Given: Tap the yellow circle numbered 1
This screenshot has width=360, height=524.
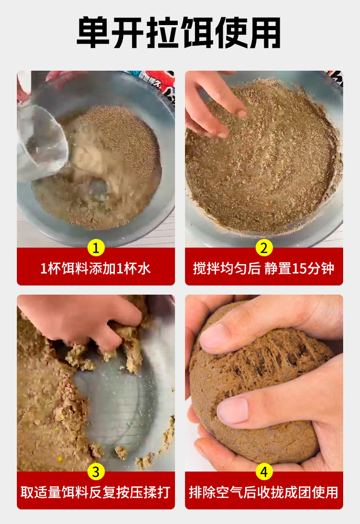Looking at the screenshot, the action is coord(96,248).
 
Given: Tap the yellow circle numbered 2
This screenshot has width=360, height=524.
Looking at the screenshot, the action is coord(264,248).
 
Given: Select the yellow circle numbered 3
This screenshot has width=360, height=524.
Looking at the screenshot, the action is coord(96,472).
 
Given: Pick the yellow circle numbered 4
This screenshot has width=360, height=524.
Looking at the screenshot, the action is coord(264,472).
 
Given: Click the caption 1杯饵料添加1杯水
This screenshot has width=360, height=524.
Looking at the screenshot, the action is coord(96,268).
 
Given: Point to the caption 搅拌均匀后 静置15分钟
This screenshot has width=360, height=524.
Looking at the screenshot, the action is coord(263,268).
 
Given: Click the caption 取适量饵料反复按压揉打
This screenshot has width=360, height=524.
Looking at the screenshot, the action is coord(96,492).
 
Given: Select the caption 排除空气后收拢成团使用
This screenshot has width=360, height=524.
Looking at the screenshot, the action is coord(263,492).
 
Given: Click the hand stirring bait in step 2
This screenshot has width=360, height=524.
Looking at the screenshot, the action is coord(214,104).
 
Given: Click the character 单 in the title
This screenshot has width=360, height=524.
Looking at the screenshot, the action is coord(93,33).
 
